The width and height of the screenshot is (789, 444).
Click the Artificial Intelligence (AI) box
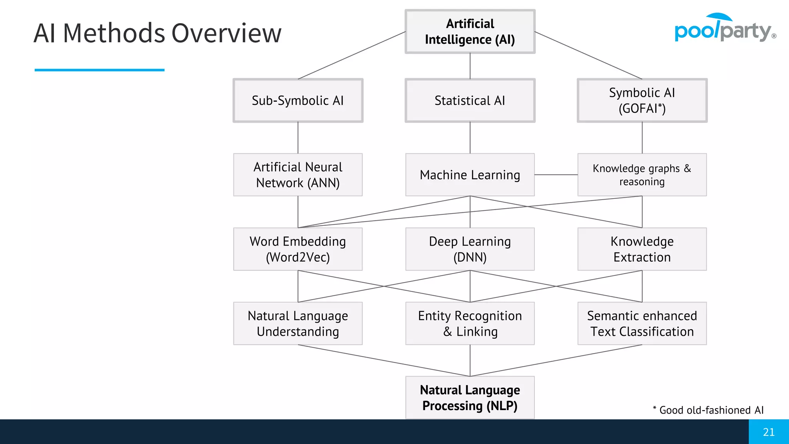click(x=470, y=32)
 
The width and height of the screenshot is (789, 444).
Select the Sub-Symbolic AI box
click(x=298, y=101)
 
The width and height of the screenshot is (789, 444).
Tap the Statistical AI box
click(x=470, y=101)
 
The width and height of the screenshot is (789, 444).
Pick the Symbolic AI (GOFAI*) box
click(x=642, y=101)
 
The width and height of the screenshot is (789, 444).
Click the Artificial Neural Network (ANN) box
click(x=298, y=175)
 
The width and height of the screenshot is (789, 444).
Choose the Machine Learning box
click(x=470, y=175)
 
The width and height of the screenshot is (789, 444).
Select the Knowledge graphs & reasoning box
click(x=642, y=175)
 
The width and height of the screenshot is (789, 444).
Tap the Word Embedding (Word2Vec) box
click(x=298, y=249)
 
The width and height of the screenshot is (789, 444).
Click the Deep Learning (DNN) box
click(x=470, y=249)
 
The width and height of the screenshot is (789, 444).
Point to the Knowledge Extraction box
click(x=642, y=249)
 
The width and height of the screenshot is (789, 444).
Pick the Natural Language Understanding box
click(x=298, y=323)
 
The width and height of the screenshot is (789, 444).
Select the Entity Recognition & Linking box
click(x=470, y=323)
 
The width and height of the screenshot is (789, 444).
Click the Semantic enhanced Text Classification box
click(x=642, y=323)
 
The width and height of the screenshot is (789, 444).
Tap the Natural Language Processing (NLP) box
click(x=470, y=397)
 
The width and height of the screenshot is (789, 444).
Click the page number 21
click(x=769, y=432)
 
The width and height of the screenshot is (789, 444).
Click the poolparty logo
click(x=724, y=29)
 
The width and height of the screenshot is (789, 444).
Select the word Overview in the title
click(x=226, y=33)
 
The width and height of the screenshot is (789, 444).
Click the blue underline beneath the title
click(x=99, y=70)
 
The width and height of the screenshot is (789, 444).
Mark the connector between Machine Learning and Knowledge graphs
click(x=556, y=175)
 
